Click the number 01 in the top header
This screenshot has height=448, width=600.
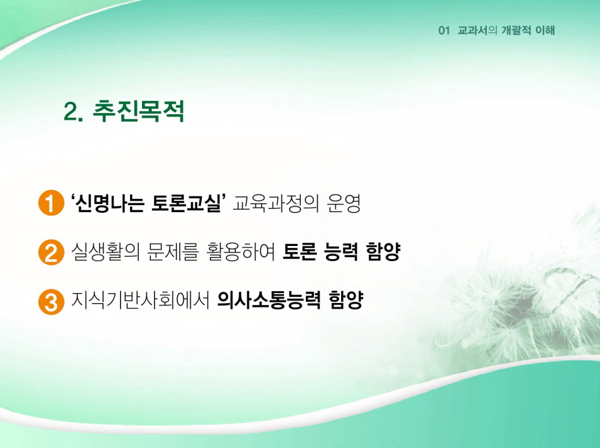[444, 31]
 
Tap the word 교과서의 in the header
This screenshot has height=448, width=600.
[477, 31]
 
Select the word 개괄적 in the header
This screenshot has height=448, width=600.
[516, 31]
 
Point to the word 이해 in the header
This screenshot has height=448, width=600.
[545, 31]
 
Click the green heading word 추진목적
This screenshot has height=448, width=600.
[138, 111]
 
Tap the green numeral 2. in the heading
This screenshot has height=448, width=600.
[74, 112]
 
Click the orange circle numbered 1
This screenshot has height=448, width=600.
[51, 203]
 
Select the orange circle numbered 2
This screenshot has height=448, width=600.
[51, 252]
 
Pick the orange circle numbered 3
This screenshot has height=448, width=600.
[51, 302]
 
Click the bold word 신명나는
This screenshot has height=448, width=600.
[110, 203]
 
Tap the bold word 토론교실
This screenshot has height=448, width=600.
[187, 203]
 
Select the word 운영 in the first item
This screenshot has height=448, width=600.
[344, 203]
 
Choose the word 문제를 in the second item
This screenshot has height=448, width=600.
[173, 252]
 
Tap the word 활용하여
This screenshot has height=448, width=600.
[241, 252]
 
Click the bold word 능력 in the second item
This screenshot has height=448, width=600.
[341, 252]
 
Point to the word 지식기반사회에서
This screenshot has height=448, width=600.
[141, 301]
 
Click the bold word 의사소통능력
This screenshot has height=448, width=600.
[269, 301]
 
